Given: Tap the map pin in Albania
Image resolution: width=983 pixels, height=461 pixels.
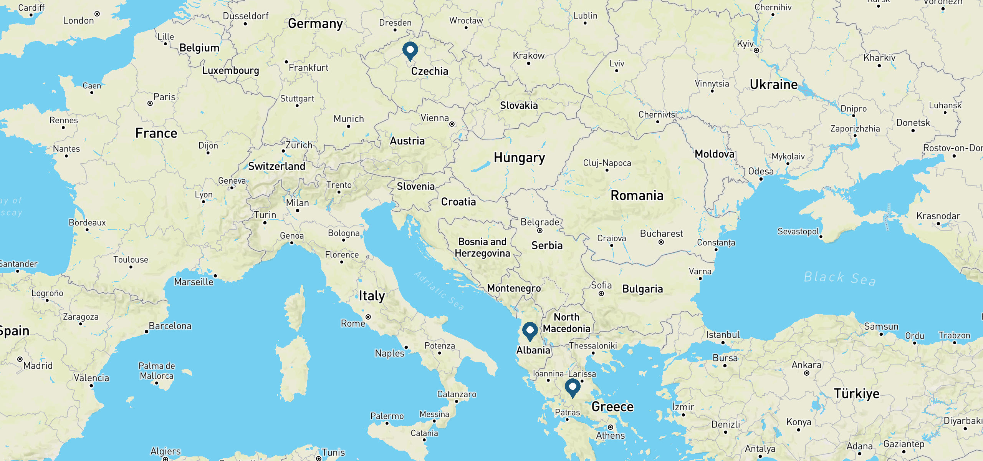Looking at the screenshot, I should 530,331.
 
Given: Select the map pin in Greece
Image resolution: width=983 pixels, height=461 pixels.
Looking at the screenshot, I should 573,387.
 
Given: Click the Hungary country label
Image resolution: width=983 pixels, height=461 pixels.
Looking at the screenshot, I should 519,158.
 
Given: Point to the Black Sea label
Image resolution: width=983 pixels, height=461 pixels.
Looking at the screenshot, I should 840,278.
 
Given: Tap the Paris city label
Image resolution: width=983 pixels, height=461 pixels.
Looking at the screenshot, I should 164,97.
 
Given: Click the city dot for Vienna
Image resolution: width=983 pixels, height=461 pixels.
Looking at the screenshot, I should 452,124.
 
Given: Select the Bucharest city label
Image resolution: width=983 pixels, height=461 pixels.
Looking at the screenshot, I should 661,234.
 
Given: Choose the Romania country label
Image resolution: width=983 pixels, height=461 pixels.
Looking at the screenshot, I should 637,196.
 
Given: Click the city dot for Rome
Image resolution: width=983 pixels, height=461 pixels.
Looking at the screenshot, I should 368,317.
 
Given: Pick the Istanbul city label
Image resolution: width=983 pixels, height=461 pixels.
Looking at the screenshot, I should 723,335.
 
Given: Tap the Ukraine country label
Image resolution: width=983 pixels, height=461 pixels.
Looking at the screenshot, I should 773,85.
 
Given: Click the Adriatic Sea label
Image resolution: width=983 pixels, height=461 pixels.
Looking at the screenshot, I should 439,290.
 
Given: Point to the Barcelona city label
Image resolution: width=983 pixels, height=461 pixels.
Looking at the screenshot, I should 170,326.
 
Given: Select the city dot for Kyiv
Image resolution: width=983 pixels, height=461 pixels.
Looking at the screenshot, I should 756,50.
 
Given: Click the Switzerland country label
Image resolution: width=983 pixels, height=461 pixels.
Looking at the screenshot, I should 276,166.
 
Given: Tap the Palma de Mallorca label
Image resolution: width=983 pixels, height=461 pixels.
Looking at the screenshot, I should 157,371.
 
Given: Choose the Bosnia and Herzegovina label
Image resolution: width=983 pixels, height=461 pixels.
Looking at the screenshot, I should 482,247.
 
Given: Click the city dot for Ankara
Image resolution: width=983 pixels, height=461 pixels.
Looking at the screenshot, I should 807,373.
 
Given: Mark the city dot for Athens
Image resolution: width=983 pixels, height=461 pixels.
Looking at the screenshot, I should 611,427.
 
